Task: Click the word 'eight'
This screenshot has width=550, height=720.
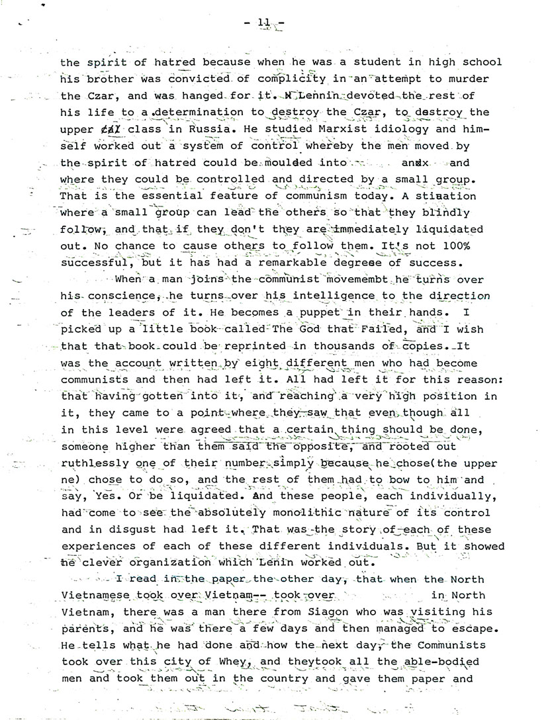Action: click(x=263, y=363)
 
